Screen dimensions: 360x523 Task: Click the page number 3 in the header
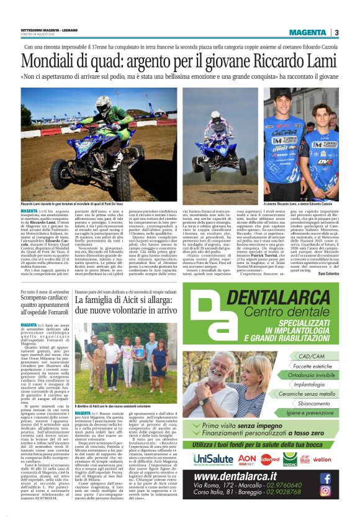click(x=336, y=32)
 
